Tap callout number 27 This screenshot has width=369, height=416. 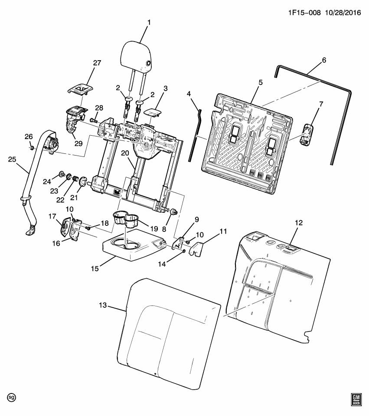point(97,63)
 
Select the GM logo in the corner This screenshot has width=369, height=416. point(356,399)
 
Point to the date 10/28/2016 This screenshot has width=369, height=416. point(343,13)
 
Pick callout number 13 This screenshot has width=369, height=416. point(103,305)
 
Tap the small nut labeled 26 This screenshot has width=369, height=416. point(31,147)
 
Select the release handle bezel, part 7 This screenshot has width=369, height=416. point(307,135)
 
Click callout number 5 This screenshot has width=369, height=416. point(261,82)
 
